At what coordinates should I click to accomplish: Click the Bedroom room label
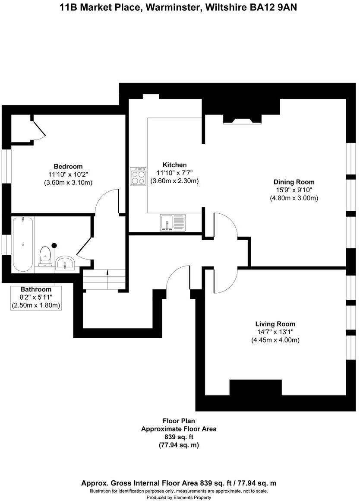[68, 166]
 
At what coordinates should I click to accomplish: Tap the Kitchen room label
[174, 165]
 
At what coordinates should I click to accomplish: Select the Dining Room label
[294, 182]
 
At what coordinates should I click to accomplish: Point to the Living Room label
[275, 324]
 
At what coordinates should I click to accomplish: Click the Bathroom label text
[36, 289]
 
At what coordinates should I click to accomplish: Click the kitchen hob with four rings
[138, 176]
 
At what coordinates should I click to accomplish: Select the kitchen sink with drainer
[172, 222]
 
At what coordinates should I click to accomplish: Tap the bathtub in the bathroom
[22, 244]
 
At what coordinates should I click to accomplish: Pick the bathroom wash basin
[65, 262]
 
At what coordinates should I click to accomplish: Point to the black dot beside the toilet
[54, 245]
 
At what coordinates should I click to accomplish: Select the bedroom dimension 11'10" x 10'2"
[68, 174]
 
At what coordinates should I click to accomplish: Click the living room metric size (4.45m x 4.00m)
[275, 340]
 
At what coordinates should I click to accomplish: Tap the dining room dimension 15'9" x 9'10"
[294, 190]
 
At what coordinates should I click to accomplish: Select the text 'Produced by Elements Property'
[179, 498]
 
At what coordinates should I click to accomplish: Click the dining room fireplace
[242, 120]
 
